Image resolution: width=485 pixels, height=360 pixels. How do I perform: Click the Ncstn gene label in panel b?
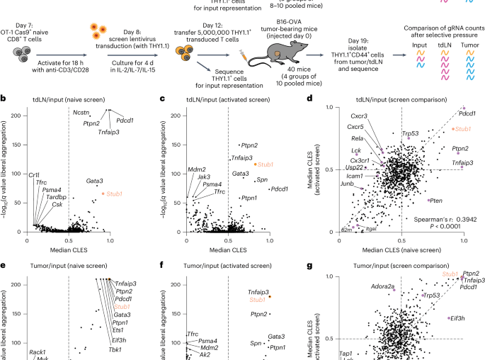pos(82,113)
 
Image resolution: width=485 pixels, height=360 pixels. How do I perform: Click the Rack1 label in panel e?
pos(38,352)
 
